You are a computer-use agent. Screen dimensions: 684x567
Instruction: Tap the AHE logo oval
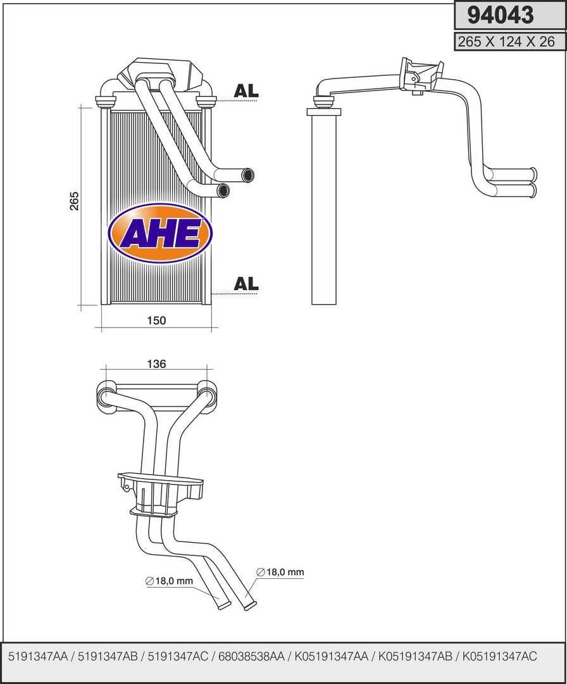[161, 234]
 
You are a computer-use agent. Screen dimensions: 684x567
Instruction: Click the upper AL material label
[246, 91]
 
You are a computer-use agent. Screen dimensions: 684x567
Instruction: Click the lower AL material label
[246, 284]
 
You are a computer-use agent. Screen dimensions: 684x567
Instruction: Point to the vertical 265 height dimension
[75, 201]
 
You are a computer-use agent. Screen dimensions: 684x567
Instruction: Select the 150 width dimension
[156, 320]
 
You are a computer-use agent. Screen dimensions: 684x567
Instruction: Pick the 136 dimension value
[156, 364]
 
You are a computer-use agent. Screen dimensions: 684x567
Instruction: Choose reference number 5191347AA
[38, 657]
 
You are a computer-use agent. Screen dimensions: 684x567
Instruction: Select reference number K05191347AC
[500, 657]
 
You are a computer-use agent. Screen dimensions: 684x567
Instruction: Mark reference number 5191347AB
[108, 657]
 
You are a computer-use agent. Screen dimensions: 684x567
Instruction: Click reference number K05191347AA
[332, 657]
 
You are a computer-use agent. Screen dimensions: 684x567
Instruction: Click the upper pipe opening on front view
[248, 175]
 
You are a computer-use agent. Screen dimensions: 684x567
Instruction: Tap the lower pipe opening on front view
[223, 190]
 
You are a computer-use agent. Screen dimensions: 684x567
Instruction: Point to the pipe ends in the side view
[533, 182]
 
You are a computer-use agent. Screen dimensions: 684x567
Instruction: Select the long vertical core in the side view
[323, 209]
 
